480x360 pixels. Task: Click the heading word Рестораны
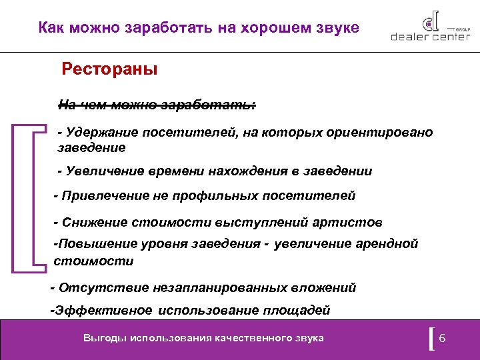coord(109,69)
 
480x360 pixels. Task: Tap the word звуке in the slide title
coord(333,28)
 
